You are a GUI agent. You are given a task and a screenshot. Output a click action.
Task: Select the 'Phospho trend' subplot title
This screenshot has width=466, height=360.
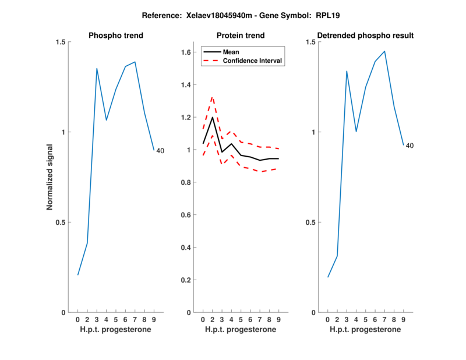tap(115, 36)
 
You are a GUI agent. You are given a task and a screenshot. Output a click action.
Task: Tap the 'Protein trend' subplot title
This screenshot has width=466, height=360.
tap(241, 36)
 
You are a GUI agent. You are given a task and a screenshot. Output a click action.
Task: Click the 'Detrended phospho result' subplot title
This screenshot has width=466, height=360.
tap(365, 36)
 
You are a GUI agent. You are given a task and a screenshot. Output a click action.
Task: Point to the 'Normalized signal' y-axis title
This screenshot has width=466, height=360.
tap(50, 177)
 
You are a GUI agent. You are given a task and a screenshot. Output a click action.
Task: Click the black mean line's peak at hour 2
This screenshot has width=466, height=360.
tap(212, 118)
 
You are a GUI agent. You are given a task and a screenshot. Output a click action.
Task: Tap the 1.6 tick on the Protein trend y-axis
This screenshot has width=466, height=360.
tap(186, 52)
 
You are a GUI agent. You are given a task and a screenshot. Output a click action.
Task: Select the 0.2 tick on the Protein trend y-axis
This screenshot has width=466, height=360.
tap(186, 280)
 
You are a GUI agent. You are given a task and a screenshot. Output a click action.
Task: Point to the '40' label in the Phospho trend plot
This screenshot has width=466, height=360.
tap(160, 151)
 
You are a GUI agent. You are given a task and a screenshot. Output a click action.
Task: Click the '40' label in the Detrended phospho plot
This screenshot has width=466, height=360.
tap(409, 146)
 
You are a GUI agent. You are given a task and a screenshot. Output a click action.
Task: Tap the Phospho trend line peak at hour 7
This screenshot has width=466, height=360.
tap(135, 62)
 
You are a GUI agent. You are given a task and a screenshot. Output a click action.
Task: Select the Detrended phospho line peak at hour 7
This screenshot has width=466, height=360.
tap(384, 51)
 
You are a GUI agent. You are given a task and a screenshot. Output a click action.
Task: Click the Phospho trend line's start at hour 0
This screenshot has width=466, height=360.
tap(77, 275)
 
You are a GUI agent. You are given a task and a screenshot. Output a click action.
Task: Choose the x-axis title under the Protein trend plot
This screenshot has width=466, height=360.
tap(241, 330)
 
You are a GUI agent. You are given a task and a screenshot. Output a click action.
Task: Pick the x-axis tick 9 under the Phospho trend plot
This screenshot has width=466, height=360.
tap(154, 319)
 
